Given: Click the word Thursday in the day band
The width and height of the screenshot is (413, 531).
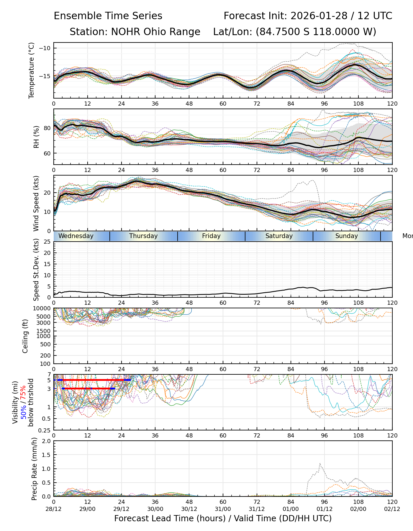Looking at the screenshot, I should [143, 236].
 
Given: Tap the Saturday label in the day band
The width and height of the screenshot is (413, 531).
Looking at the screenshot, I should [279, 236].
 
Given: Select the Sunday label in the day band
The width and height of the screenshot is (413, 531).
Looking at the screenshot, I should [346, 236].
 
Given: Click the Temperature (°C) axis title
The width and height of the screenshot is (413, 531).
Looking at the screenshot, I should [32, 70].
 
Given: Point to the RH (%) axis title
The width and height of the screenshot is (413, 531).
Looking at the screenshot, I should [36, 137].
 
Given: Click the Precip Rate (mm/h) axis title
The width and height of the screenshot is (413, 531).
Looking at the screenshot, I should [35, 469].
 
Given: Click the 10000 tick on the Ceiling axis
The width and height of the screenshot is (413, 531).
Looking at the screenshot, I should [43, 309].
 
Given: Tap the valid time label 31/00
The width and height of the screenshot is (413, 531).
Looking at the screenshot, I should [223, 509].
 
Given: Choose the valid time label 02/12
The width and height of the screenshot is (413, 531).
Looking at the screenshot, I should [392, 509].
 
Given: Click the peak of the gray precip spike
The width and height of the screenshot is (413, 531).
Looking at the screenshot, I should [320, 463].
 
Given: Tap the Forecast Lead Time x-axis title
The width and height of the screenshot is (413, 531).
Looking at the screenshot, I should [223, 518].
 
